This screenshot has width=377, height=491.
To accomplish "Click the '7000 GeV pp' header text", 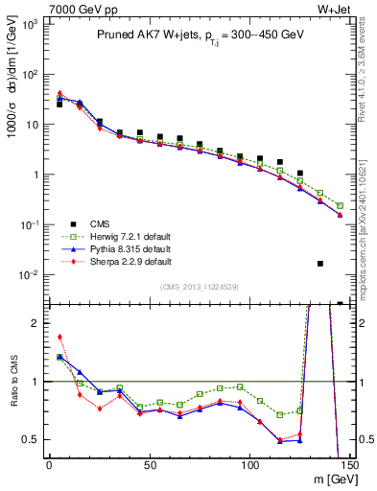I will pos(71,9).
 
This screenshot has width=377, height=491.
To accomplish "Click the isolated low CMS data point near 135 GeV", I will pos(320,263).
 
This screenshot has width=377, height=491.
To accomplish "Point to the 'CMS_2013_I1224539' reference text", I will pos(199,286).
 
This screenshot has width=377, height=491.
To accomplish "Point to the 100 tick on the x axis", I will pos(249,465).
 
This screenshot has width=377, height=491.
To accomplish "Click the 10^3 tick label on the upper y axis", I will pos(28,24).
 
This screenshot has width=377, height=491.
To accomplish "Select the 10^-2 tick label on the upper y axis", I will pos(28,275).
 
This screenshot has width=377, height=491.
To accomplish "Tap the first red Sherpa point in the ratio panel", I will pos(59,337).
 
